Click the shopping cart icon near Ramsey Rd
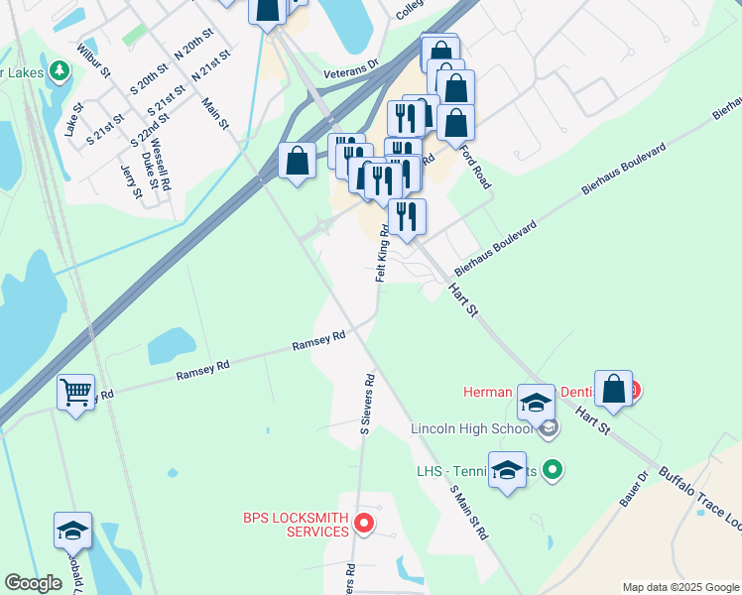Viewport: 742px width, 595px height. pos(75,393)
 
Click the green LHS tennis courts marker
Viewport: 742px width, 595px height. pos(554,470)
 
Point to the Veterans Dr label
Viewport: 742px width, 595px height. pos(351,66)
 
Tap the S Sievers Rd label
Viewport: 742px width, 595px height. pos(366,405)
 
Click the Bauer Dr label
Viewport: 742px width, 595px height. pos(634,490)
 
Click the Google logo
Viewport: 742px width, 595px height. pos(33,583)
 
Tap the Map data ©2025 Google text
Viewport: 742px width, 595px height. pos(680,587)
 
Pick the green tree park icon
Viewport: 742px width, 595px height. pos(60,70)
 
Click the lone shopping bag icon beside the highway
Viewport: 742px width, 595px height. pos(298,160)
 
